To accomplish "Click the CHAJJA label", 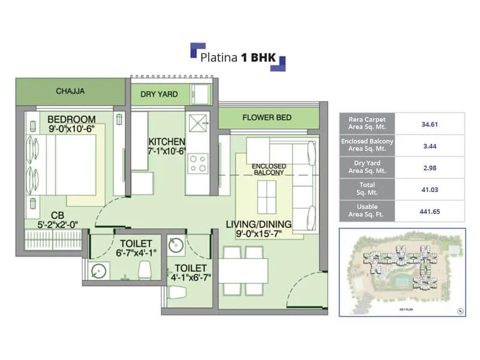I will point(70,92).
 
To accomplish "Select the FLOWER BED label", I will point(267,118).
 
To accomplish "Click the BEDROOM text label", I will point(71,118).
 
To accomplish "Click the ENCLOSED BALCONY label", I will point(269,169).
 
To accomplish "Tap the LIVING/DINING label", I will point(259,224).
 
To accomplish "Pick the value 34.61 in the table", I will point(428,124).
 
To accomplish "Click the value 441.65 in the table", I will point(428,211).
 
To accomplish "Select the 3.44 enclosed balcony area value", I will point(428,145).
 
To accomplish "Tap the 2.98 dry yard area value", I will point(428,167).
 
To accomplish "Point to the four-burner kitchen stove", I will point(197,162).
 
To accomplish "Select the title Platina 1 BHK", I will point(237,57).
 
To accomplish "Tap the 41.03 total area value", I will point(428,189).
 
